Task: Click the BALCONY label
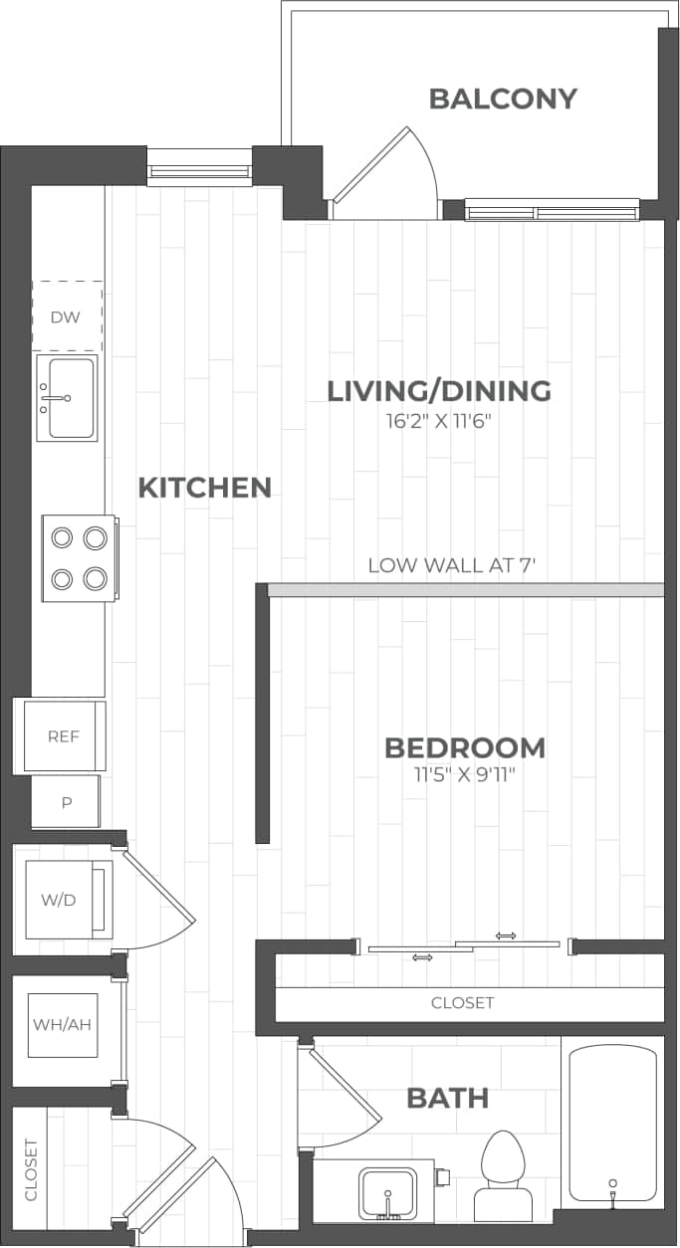(x=503, y=99)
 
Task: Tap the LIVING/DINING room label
(x=439, y=390)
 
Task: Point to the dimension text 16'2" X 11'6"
(x=439, y=421)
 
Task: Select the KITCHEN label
(x=204, y=488)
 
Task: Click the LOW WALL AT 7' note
(x=452, y=565)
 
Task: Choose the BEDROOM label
(x=465, y=747)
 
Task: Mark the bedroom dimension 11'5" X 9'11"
(x=465, y=775)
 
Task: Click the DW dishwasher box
(x=67, y=316)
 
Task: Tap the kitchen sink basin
(x=68, y=397)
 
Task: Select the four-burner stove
(x=79, y=558)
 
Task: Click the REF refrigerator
(x=62, y=736)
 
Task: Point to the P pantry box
(x=66, y=802)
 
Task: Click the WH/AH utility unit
(x=62, y=1024)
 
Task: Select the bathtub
(x=612, y=1123)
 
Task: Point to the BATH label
(x=447, y=1099)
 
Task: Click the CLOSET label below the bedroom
(x=462, y=1003)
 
